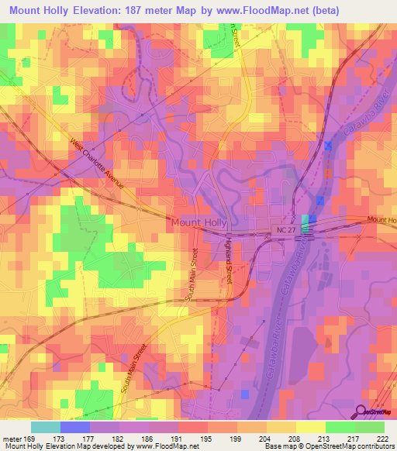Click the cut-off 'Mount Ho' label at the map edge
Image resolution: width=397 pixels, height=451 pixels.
381,221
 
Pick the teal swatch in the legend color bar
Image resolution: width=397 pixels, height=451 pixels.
46,427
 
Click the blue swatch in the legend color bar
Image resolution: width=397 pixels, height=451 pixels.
75,427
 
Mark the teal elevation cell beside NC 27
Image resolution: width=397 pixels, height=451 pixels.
304,224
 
